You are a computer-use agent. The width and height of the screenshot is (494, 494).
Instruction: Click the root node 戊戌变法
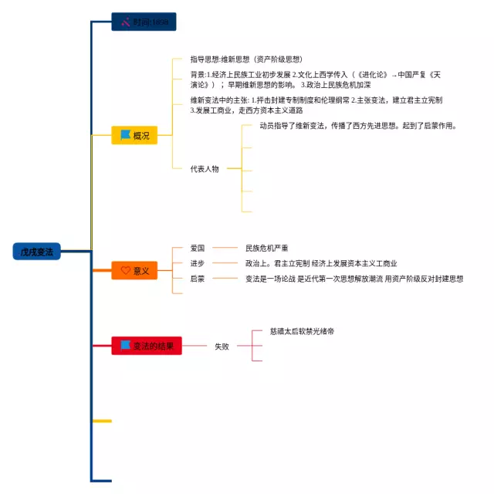tap(36, 252)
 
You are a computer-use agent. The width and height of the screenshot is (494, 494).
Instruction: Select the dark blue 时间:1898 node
tap(144, 22)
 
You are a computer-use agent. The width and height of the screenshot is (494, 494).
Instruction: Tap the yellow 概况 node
tap(134, 135)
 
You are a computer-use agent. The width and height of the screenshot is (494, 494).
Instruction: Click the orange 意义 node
tap(134, 271)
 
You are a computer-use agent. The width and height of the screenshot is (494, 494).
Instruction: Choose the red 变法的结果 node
tap(147, 347)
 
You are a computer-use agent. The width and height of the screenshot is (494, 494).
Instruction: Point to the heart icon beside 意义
tap(125, 271)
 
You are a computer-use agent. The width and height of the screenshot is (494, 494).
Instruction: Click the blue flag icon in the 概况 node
tap(125, 135)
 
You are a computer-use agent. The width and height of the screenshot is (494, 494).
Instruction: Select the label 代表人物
tap(205, 168)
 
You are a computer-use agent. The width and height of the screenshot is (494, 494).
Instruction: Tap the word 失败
tap(222, 347)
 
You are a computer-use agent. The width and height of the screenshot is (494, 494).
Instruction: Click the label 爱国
tap(198, 248)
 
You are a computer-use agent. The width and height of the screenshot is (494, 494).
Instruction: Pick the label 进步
tap(198, 263)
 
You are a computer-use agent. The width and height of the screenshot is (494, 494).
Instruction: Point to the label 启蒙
tap(198, 279)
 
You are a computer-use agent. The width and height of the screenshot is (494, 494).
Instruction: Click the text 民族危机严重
tap(266, 248)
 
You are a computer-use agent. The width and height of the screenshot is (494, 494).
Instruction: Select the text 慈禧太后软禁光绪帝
tap(302, 330)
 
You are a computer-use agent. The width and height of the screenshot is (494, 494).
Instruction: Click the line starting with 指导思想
tap(245, 59)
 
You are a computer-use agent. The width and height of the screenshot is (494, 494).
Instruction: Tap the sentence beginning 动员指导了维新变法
tap(358, 126)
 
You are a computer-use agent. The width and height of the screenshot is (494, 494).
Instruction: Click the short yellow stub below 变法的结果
tap(102, 421)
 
